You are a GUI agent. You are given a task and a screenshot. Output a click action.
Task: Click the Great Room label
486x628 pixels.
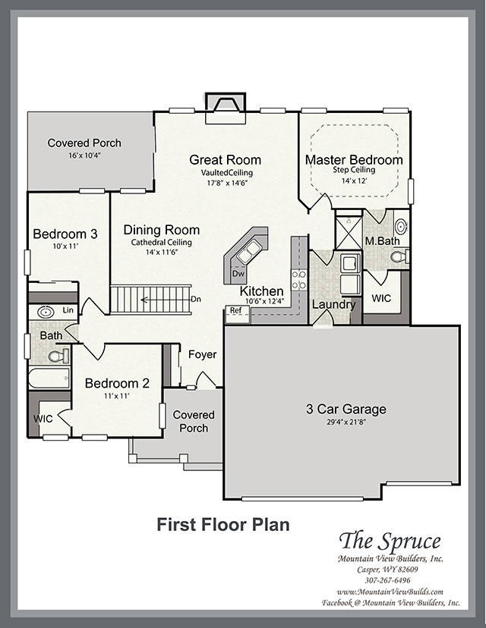(225, 160)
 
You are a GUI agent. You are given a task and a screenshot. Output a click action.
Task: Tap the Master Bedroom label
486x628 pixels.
(354, 159)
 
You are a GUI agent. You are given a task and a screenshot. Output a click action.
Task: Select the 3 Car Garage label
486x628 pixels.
(346, 409)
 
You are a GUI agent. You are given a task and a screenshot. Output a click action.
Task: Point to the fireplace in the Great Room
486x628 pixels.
(225, 108)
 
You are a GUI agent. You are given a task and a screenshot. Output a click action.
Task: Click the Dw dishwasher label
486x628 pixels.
(238, 274)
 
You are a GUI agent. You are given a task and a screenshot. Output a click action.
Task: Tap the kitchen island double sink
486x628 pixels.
(248, 252)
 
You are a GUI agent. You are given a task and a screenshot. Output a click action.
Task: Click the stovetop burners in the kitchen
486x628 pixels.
(299, 280)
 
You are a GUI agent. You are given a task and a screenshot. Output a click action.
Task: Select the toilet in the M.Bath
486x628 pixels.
(399, 256)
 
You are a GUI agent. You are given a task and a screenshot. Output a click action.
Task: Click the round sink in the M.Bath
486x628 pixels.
(401, 226)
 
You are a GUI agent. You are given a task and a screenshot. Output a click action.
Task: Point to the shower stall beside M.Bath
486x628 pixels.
(348, 232)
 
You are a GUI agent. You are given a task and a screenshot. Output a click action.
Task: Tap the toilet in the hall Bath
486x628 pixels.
(58, 355)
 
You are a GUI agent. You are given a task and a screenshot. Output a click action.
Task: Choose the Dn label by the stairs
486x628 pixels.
(196, 299)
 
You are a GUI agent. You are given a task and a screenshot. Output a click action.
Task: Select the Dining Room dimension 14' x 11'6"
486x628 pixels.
(162, 253)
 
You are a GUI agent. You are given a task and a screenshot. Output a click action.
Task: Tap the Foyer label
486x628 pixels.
(203, 354)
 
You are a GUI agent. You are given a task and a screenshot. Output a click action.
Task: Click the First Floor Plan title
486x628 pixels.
(223, 524)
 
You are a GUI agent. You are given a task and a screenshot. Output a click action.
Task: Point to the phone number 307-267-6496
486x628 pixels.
(387, 580)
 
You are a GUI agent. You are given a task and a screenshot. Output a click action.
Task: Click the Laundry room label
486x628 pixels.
(333, 304)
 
